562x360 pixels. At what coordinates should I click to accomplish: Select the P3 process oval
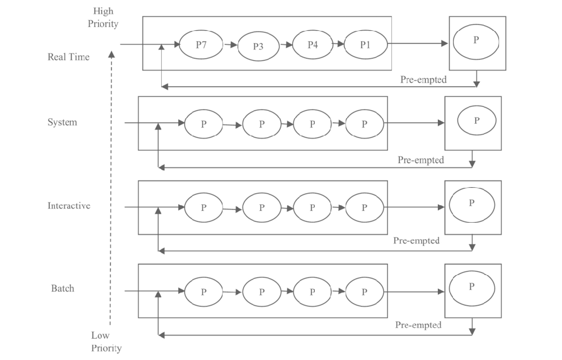tap(258, 46)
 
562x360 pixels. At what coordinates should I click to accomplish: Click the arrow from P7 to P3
tap(230, 43)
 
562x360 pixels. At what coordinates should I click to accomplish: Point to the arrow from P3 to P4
tap(286, 44)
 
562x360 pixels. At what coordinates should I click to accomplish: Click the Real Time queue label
tap(68, 57)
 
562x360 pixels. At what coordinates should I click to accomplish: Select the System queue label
tap(62, 122)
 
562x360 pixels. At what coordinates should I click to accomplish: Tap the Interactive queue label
tap(69, 206)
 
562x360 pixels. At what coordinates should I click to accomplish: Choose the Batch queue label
tap(62, 289)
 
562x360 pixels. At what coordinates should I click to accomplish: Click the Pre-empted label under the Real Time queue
tap(424, 80)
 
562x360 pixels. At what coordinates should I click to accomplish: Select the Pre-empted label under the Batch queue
tap(418, 325)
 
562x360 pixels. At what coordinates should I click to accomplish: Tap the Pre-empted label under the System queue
tap(421, 160)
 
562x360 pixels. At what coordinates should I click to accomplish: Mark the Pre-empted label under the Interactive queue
tap(416, 241)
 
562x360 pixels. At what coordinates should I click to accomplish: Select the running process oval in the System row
tap(477, 121)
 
